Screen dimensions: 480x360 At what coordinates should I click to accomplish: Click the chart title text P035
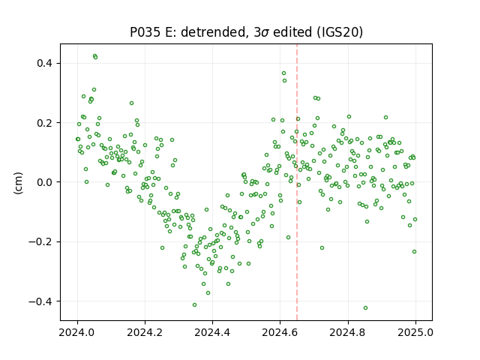(145, 32)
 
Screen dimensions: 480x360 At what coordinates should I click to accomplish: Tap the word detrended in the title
(214, 32)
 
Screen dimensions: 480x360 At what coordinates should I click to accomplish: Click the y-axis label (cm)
(18, 183)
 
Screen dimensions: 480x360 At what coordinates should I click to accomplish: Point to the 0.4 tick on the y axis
(45, 63)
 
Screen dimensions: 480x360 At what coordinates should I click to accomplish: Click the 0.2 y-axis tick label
(45, 123)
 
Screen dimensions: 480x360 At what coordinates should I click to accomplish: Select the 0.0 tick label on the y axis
(45, 182)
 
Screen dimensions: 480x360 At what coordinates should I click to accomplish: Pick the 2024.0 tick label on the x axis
(77, 332)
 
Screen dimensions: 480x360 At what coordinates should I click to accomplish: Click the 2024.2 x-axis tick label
(145, 332)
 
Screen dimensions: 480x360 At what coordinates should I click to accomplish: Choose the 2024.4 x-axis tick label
(212, 332)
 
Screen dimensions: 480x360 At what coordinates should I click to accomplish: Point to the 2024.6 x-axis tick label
(280, 332)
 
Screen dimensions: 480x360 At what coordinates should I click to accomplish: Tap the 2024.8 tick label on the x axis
(348, 332)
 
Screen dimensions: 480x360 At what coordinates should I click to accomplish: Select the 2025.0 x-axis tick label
(415, 332)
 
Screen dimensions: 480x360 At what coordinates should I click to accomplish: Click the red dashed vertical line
(297, 182)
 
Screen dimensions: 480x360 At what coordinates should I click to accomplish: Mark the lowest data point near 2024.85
(365, 307)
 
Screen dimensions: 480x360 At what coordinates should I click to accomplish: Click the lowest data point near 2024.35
(194, 304)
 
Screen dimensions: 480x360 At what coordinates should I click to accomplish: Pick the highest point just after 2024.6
(283, 73)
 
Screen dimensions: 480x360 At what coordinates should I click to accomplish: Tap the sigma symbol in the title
(266, 33)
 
